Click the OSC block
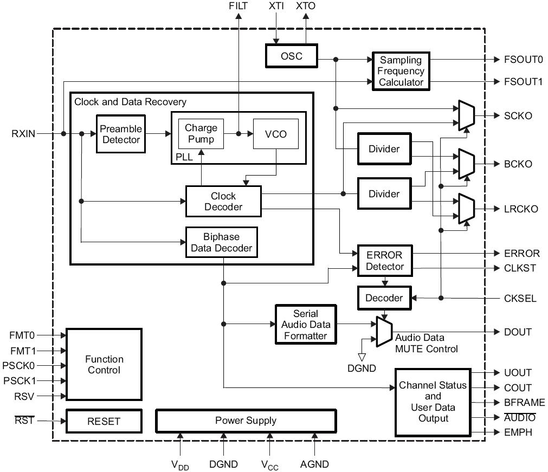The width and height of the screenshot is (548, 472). pyautogui.click(x=292, y=56)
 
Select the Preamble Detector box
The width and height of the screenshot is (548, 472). pyautogui.click(x=121, y=134)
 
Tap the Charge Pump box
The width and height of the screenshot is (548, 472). pyautogui.click(x=201, y=134)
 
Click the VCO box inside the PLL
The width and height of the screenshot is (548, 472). pyautogui.click(x=276, y=134)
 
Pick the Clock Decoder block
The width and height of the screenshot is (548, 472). pyautogui.click(x=223, y=201)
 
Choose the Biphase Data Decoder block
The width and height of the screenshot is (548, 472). pyautogui.click(x=222, y=242)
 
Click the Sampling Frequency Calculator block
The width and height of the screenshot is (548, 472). pyautogui.click(x=401, y=71)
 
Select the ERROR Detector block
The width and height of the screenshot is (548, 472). pyautogui.click(x=385, y=261)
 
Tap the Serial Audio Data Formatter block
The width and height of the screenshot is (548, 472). pyautogui.click(x=306, y=325)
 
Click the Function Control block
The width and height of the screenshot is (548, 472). pyautogui.click(x=104, y=364)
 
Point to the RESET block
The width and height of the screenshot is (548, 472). pyautogui.click(x=104, y=421)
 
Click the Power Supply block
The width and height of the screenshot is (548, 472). pyautogui.click(x=246, y=421)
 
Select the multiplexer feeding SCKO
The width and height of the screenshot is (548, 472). pyautogui.click(x=467, y=115)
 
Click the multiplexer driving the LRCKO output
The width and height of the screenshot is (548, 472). pyautogui.click(x=467, y=209)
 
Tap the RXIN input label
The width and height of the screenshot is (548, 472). pyautogui.click(x=23, y=134)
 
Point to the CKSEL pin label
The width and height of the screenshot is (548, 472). pyautogui.click(x=520, y=299)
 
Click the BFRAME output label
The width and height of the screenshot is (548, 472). pyautogui.click(x=524, y=403)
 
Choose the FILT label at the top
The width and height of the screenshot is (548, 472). pyautogui.click(x=238, y=6)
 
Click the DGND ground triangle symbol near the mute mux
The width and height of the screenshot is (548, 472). pyautogui.click(x=362, y=357)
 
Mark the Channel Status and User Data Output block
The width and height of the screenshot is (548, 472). pyautogui.click(x=433, y=402)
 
